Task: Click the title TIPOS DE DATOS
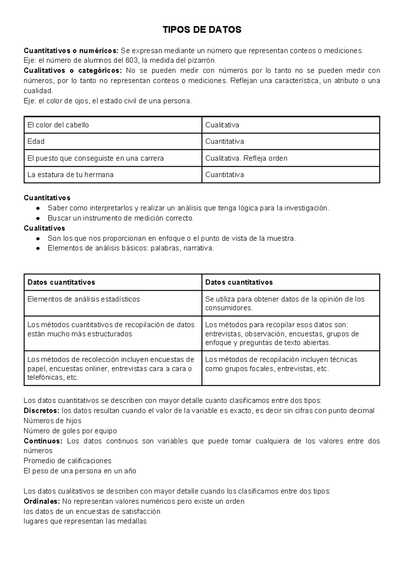click(x=202, y=30)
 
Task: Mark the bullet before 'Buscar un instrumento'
click(x=39, y=218)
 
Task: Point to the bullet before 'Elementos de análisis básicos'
click(x=39, y=248)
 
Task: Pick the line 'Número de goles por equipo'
click(x=70, y=431)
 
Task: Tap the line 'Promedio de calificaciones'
click(x=67, y=461)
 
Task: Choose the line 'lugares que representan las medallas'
click(x=85, y=521)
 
